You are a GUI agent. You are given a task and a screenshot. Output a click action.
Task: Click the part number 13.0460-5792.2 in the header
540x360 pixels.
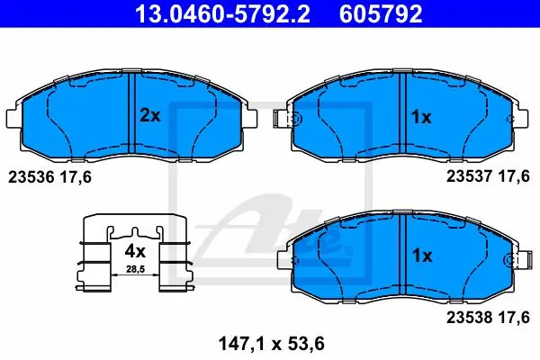pyautogui.click(x=222, y=13)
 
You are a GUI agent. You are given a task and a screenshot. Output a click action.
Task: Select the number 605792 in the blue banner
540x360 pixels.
pyautogui.click(x=381, y=13)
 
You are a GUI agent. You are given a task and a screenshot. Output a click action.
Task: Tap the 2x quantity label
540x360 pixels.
pyautogui.click(x=149, y=115)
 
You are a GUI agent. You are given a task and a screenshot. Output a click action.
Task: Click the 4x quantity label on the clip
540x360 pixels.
pyautogui.click(x=135, y=251)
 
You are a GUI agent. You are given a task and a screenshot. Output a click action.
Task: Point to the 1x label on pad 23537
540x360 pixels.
pyautogui.click(x=421, y=118)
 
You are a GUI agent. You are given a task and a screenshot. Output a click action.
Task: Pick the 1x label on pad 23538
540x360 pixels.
pyautogui.click(x=422, y=256)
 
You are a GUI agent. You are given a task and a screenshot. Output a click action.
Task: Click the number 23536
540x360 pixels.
pyautogui.click(x=31, y=177)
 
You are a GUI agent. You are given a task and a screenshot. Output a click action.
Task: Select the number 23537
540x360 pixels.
pyautogui.click(x=470, y=176)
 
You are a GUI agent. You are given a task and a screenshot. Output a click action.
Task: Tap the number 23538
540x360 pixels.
pyautogui.click(x=470, y=318)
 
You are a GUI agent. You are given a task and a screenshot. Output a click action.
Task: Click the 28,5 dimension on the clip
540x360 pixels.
pyautogui.click(x=135, y=269)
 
